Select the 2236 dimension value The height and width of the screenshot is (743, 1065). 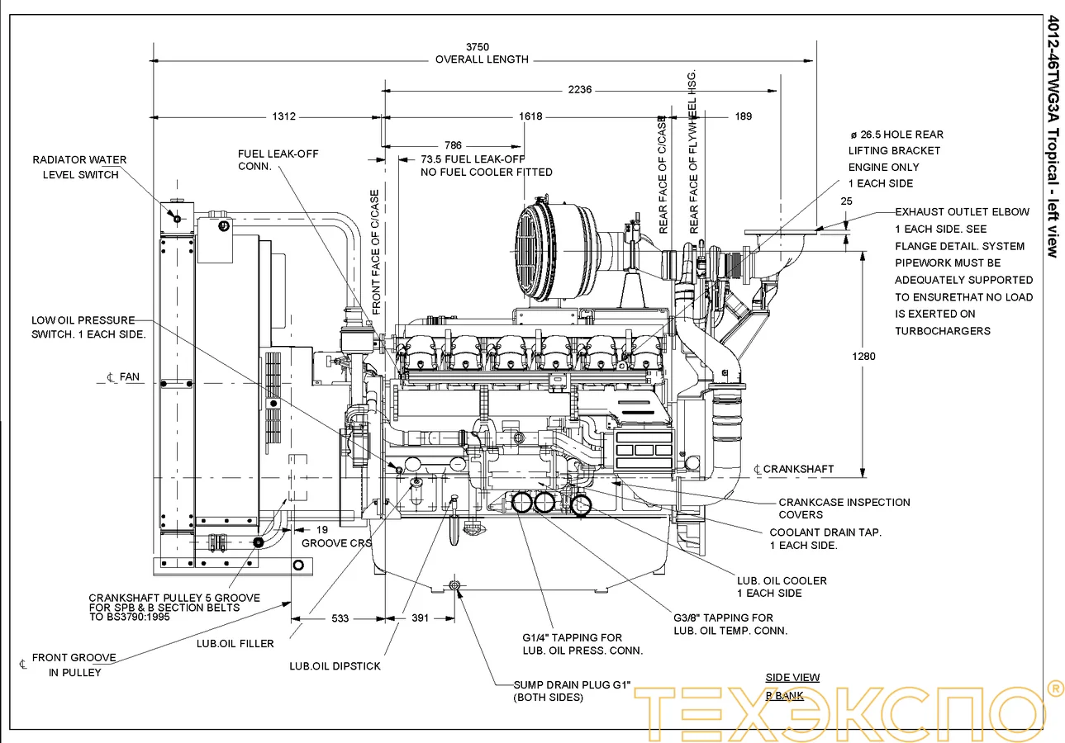(x=580, y=90)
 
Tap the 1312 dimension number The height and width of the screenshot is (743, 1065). (x=283, y=116)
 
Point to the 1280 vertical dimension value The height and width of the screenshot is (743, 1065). (x=863, y=357)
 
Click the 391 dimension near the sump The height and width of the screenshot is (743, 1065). (x=421, y=618)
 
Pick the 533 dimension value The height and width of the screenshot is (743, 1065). (x=339, y=618)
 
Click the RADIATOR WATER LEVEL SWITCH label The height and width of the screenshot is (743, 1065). (x=79, y=167)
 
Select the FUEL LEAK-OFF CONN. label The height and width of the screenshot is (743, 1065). (x=278, y=160)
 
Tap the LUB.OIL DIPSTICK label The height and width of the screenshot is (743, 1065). (x=335, y=665)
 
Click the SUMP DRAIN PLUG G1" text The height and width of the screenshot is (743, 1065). (x=572, y=685)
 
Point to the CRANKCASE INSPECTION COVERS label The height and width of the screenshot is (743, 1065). (x=844, y=508)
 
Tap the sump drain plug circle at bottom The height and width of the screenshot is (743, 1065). (x=454, y=585)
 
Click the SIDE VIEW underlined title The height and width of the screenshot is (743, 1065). (x=792, y=678)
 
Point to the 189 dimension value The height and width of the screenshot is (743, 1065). (x=743, y=116)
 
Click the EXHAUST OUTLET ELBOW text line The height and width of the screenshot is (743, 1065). (x=962, y=212)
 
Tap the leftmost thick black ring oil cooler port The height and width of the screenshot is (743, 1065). (x=522, y=502)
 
